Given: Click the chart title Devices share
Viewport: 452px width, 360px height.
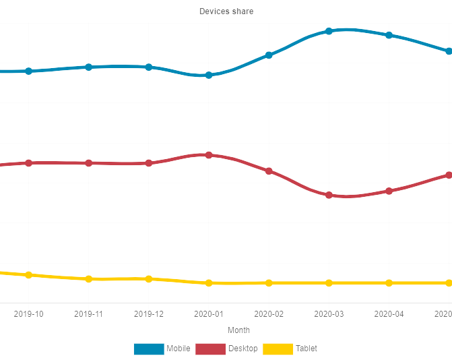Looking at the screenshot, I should (226, 11).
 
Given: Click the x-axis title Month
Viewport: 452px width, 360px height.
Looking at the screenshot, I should (238, 330).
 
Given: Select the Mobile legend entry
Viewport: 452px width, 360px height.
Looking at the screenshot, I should (162, 349).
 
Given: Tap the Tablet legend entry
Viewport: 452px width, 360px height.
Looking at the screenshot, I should (290, 349).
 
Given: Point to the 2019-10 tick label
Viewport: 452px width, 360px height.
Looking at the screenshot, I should (28, 314).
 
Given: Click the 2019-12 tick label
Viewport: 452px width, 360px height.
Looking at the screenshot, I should (149, 314).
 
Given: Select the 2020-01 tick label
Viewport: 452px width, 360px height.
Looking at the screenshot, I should (209, 314).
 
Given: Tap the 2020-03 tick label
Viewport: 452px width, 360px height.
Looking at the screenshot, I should (329, 314).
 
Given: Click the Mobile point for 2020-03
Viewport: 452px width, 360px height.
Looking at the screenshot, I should (329, 31).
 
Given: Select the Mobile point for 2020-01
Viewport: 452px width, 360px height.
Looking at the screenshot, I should (209, 75).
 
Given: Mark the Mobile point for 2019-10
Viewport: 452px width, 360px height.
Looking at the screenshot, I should (28, 71).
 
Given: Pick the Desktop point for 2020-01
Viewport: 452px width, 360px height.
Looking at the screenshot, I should (209, 155).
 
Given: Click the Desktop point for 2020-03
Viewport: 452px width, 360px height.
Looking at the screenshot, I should (329, 195).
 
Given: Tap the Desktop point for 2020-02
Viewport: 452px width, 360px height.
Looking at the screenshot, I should (269, 171).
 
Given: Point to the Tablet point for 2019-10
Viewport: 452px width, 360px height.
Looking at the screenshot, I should (28, 275).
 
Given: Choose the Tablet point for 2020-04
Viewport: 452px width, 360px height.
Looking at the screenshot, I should (389, 283).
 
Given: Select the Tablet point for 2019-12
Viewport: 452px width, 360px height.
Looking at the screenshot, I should (149, 279).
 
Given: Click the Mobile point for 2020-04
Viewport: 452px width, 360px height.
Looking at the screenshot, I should (389, 35).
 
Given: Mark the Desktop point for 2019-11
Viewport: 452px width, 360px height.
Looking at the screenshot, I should (89, 163).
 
